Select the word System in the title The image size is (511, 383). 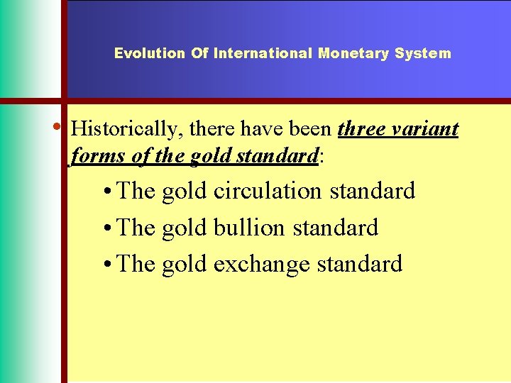423,53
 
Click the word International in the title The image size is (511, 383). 264,53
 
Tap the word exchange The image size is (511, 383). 261,265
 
